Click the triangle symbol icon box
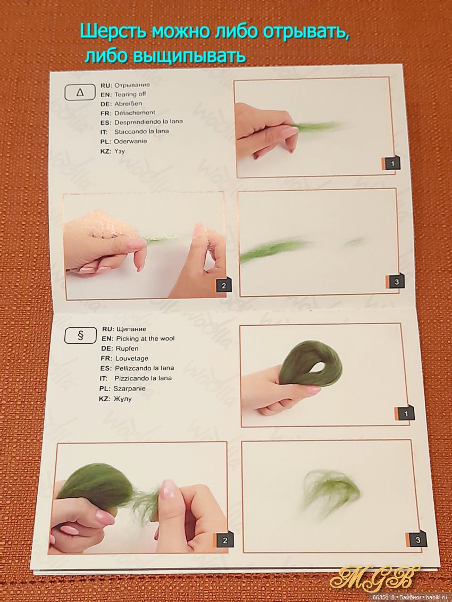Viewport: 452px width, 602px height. point(80,92)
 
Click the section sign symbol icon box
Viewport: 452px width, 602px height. point(80,336)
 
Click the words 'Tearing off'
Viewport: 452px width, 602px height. point(130,94)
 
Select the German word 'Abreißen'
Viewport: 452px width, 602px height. point(128,104)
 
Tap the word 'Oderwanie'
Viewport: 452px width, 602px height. point(130,141)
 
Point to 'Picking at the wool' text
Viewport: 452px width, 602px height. point(145,338)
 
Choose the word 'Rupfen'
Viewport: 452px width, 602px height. point(127,349)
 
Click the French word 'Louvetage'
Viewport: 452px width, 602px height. point(132,359)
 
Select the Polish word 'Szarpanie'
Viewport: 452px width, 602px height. point(130,388)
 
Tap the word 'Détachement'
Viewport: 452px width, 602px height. point(135,113)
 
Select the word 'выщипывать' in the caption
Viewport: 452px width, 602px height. point(188,56)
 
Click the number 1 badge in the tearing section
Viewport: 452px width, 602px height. point(392,164)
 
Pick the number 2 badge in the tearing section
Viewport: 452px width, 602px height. point(224,286)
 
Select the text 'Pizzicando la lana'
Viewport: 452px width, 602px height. point(143,378)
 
